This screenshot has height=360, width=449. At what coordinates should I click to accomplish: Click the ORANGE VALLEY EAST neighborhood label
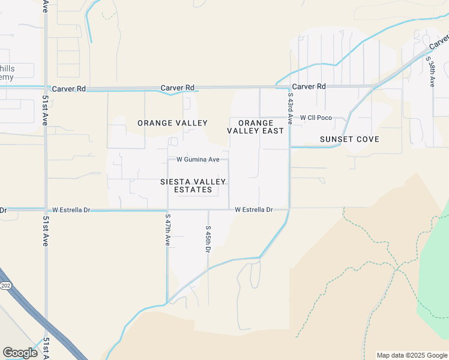[x=255, y=127]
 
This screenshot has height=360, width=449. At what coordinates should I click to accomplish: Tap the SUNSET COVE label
[x=349, y=139]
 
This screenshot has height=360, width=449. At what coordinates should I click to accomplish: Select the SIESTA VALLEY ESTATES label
[x=193, y=185]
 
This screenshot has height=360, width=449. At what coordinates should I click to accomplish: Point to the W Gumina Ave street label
[x=197, y=159]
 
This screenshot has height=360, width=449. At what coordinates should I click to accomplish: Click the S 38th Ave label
[x=430, y=71]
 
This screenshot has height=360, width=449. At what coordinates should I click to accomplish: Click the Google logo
[x=20, y=353]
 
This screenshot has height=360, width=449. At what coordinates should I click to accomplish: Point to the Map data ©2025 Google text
[x=412, y=355]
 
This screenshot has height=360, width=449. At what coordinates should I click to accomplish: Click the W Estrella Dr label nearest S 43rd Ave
[x=253, y=210]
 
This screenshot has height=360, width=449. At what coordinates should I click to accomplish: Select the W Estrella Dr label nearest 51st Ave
[x=71, y=210]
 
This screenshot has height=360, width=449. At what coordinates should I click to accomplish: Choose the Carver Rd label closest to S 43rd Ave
[x=309, y=86]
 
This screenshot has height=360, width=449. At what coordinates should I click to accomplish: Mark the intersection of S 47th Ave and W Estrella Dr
[x=167, y=210]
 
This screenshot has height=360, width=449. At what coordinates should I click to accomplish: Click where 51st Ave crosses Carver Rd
[x=46, y=88]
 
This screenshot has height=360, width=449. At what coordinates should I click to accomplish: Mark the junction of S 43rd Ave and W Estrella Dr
[x=289, y=209]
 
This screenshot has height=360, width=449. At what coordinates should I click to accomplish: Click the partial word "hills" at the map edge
[x=8, y=68]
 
